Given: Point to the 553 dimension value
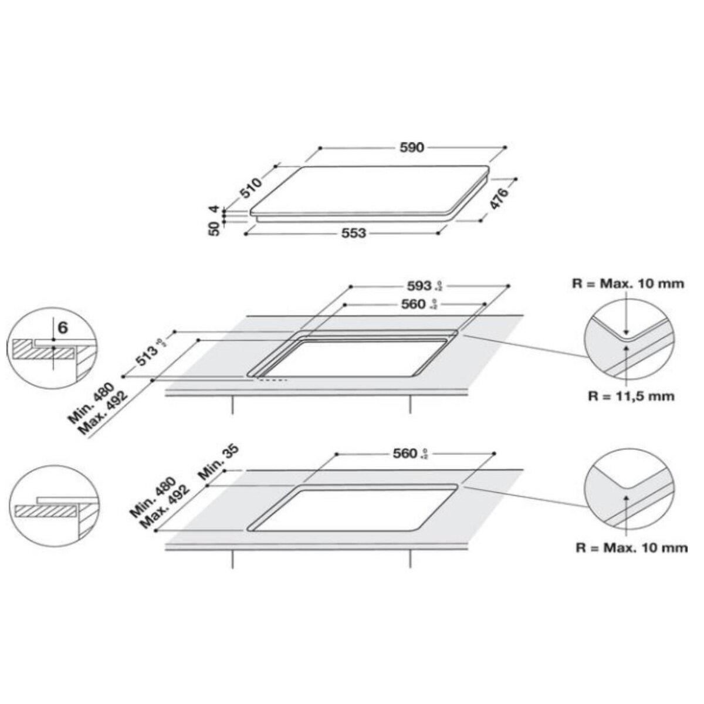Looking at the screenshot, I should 354,233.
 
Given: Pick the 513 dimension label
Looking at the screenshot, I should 148,356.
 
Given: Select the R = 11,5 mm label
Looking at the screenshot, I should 631,396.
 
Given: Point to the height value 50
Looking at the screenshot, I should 214,227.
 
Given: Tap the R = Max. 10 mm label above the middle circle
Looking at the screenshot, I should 628,284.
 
